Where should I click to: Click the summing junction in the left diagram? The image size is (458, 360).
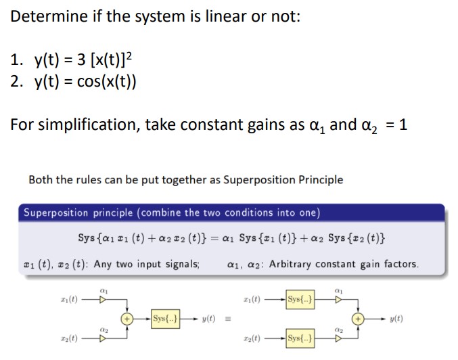point(126,317)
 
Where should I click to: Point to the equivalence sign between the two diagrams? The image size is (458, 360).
point(229,317)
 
